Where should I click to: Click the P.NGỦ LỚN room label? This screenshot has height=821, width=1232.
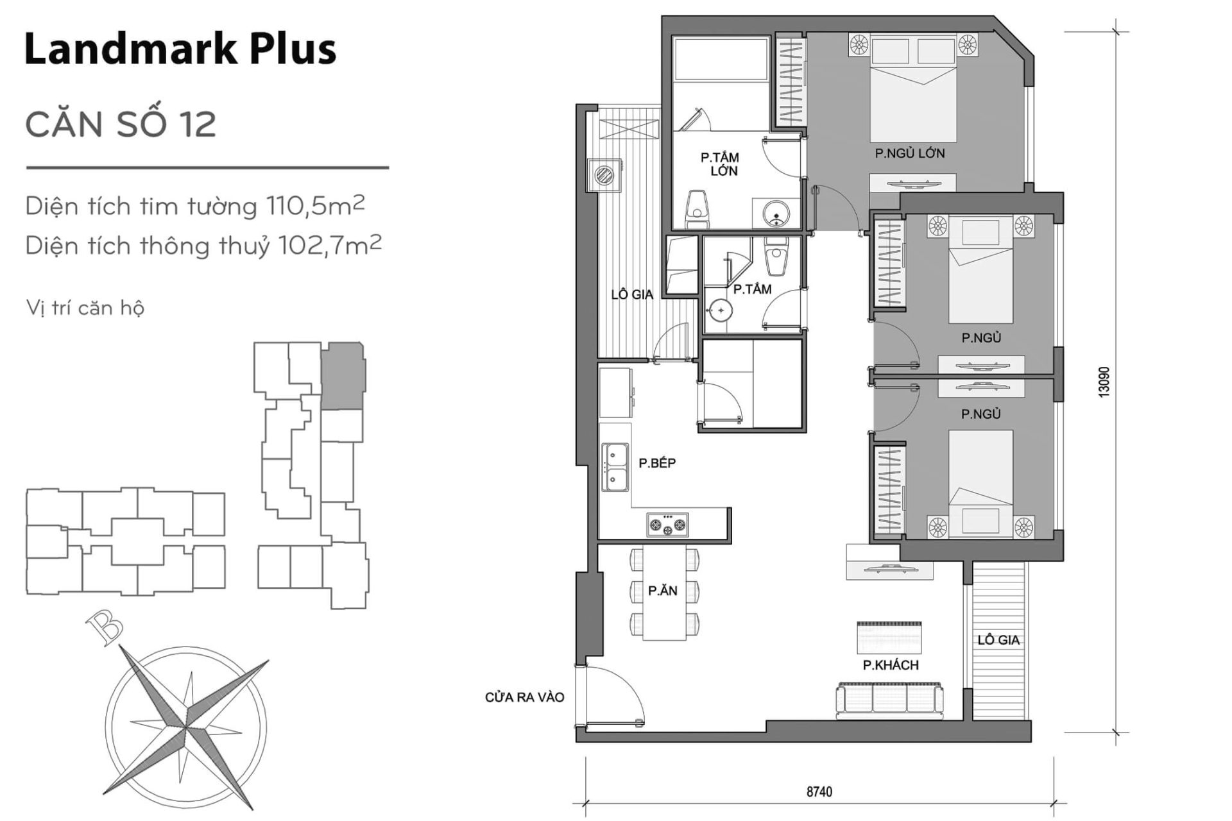[x=909, y=153]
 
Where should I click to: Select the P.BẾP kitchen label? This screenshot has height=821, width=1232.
[x=657, y=462]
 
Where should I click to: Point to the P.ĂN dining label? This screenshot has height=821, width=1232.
[x=663, y=591]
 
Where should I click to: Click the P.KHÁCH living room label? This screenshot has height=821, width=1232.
[x=890, y=665]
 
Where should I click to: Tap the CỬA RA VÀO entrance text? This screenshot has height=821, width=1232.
[x=524, y=697]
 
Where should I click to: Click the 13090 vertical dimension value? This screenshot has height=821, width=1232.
[x=1103, y=382]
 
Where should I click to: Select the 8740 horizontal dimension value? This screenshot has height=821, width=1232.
[x=819, y=791]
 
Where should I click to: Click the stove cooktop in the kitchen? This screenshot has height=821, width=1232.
[x=667, y=524]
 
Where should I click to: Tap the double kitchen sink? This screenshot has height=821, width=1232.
[x=615, y=467]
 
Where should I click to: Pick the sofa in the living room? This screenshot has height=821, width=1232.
[x=889, y=700]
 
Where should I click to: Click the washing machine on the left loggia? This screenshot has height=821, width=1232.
[x=604, y=174]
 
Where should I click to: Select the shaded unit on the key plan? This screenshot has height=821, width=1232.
[x=343, y=376]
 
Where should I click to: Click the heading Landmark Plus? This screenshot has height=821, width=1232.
[x=180, y=49]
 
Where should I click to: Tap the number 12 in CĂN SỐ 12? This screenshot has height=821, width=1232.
[x=198, y=124]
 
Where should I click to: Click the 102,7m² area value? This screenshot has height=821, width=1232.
[x=330, y=245]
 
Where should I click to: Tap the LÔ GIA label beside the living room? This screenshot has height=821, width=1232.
[x=998, y=639]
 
